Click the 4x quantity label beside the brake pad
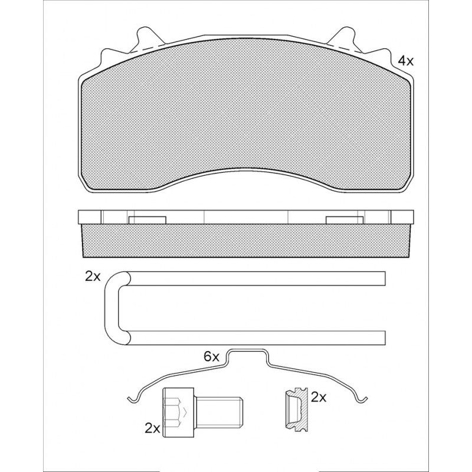click(x=406, y=61)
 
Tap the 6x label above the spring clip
click(x=212, y=357)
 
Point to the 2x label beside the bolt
click(x=152, y=429)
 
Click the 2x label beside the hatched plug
click(x=319, y=398)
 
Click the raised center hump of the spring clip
click(x=247, y=351)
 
